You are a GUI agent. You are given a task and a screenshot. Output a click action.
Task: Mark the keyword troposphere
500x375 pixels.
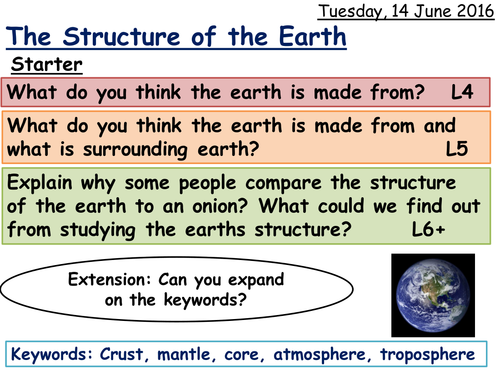point(439,354)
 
